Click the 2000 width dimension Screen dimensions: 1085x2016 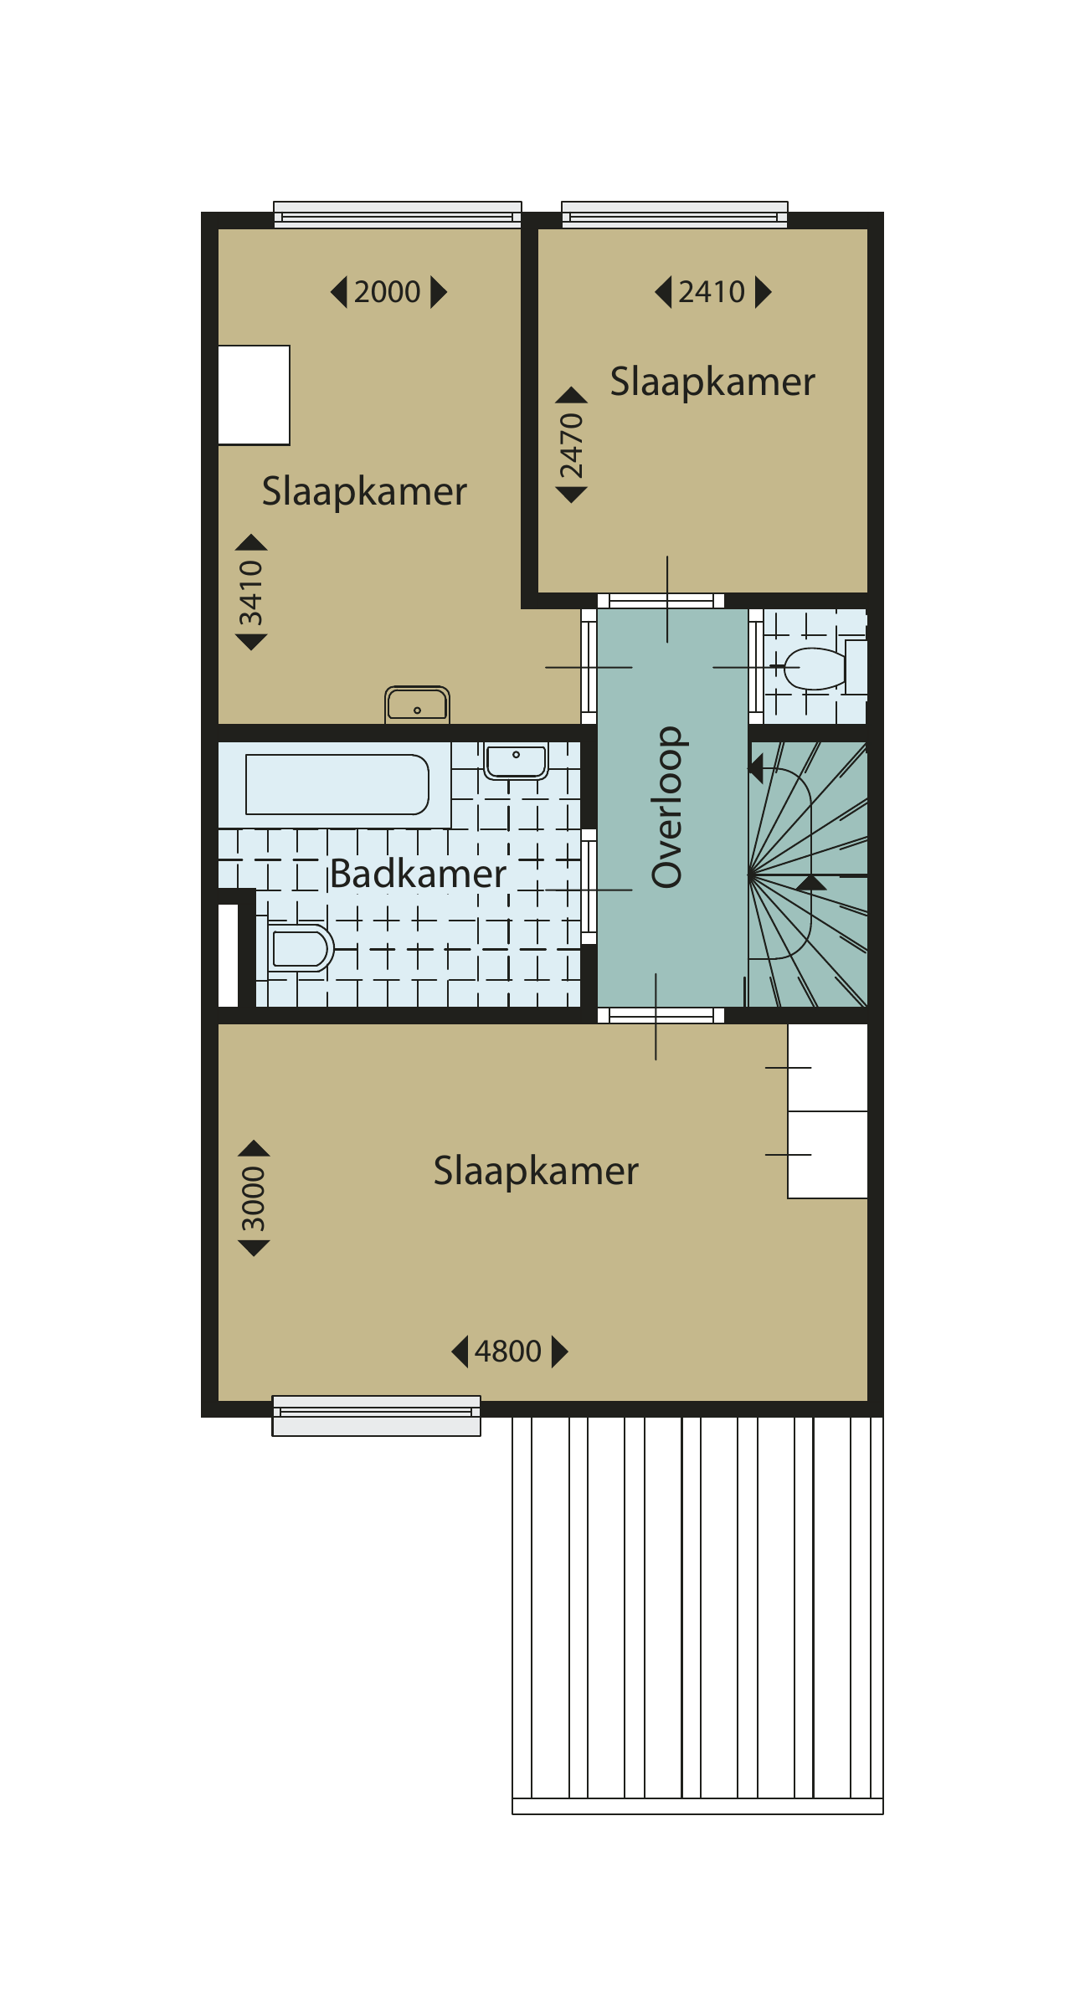pos(388,292)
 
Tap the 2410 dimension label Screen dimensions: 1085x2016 pos(712,292)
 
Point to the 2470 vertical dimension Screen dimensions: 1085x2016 pos(571,445)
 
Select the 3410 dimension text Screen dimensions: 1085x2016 pos(251,592)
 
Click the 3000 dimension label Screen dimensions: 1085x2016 pos(254,1198)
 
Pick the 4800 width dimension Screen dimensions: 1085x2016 pos(509,1352)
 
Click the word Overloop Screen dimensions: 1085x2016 pos(667,807)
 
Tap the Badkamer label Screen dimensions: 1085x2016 pos(418,874)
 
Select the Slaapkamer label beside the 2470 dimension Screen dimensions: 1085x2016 pos(712,382)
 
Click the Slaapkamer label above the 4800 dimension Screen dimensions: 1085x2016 pos(536,1171)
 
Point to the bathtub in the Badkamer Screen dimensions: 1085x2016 pos(337,784)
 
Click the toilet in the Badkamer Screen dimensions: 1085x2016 pos(301,948)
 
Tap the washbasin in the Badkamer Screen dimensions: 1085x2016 pos(516,761)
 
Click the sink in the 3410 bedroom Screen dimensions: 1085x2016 pos(417,705)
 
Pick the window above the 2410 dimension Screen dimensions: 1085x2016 pos(675,214)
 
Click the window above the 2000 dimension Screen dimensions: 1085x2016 pos(398,214)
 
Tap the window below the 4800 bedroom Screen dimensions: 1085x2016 pos(376,1415)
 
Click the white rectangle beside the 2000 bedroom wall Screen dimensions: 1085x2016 pos(254,395)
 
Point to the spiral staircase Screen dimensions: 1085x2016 pos(808,875)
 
